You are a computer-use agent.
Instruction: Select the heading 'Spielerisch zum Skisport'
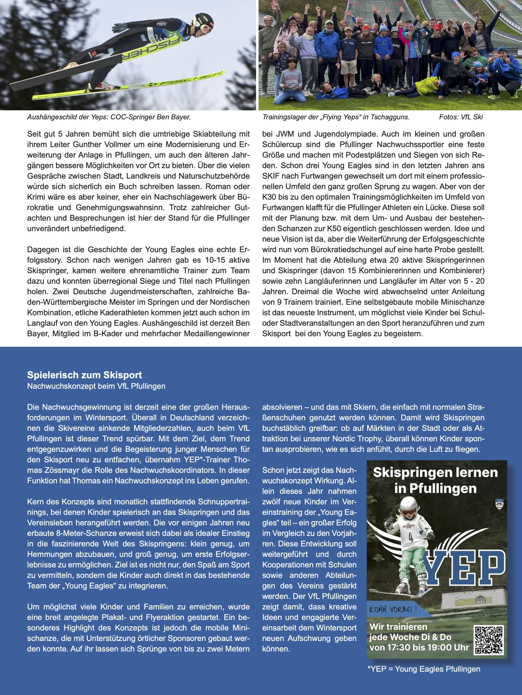pos(84,375)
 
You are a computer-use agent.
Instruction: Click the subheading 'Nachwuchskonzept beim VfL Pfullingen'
pos(96,386)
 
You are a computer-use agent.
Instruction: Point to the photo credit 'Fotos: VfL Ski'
pos(461,117)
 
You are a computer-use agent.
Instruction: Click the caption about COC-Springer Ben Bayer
pos(109,117)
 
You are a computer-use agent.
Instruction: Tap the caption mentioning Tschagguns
pos(336,117)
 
